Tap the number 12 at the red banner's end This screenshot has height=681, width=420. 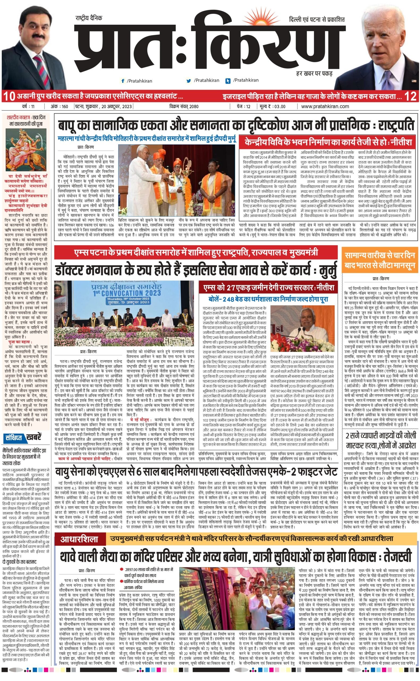[411, 97]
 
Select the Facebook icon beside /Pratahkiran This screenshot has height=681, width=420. [122, 81]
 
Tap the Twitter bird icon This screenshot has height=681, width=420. [189, 81]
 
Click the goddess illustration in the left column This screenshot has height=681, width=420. [26, 147]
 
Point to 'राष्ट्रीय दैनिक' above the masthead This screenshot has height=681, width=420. [89, 18]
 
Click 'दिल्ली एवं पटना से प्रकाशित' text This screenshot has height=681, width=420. [317, 20]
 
